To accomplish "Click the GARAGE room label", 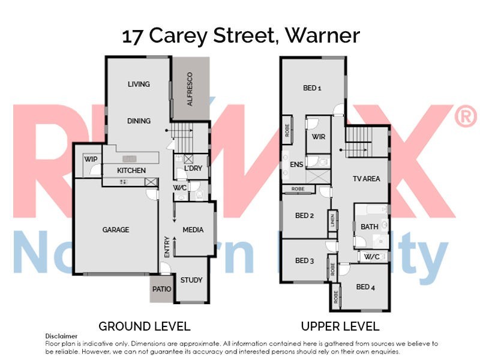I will point(115,230).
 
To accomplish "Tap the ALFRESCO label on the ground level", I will point(190,89).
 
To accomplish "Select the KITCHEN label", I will point(131,171).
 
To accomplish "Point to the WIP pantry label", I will point(91,160).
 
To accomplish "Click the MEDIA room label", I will point(193,230).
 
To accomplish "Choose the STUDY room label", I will point(191,280).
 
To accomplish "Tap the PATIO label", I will point(161,289).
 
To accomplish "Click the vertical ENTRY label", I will point(167,248).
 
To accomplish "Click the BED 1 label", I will point(312,88).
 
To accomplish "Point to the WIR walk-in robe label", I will point(318,137).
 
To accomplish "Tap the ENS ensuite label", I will point(296,164).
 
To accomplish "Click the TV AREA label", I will point(365,179).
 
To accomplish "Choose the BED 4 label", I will point(365,287).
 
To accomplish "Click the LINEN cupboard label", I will point(332,220).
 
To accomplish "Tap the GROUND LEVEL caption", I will point(144,326).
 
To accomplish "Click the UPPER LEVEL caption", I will point(340,326).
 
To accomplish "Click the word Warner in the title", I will point(322,36).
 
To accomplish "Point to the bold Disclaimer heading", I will point(61,337).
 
